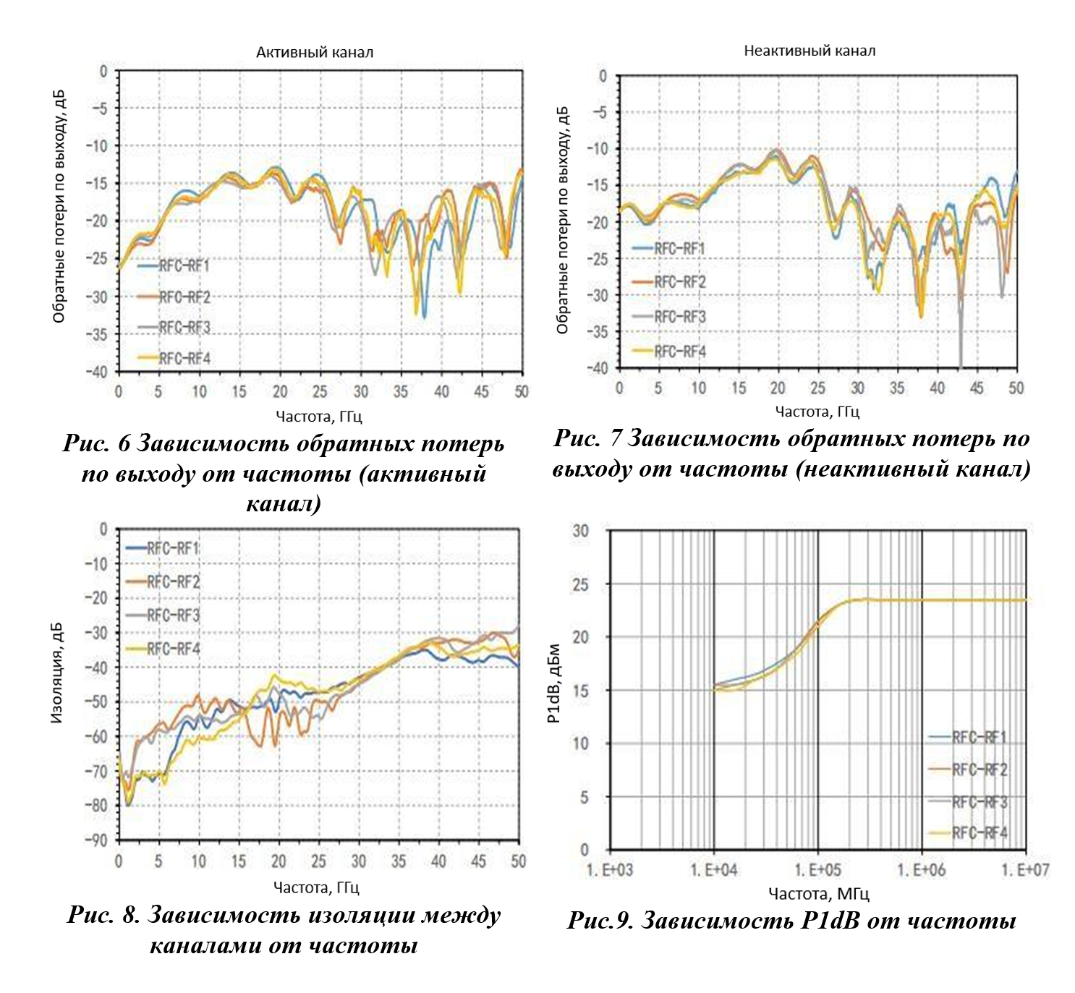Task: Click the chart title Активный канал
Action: pyautogui.click(x=315, y=52)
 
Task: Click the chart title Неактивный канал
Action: pyautogui.click(x=810, y=51)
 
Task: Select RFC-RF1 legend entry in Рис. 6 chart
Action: pyautogui.click(x=184, y=266)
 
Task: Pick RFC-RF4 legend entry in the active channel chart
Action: pyautogui.click(x=184, y=358)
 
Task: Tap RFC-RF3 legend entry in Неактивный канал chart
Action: pyautogui.click(x=679, y=317)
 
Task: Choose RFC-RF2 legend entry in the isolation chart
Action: pyautogui.click(x=173, y=581)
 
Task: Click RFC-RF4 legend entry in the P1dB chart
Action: pyautogui.click(x=979, y=833)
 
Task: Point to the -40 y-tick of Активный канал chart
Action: pyautogui.click(x=97, y=372)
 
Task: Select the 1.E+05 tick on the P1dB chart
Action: pyautogui.click(x=817, y=869)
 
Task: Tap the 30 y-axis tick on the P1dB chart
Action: pyautogui.click(x=581, y=531)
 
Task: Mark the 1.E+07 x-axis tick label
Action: pyautogui.click(x=1024, y=869)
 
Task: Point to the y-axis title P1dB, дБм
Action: pyautogui.click(x=553, y=683)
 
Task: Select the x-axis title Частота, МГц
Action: pyautogui.click(x=818, y=894)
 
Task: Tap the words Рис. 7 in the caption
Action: pyautogui.click(x=587, y=438)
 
